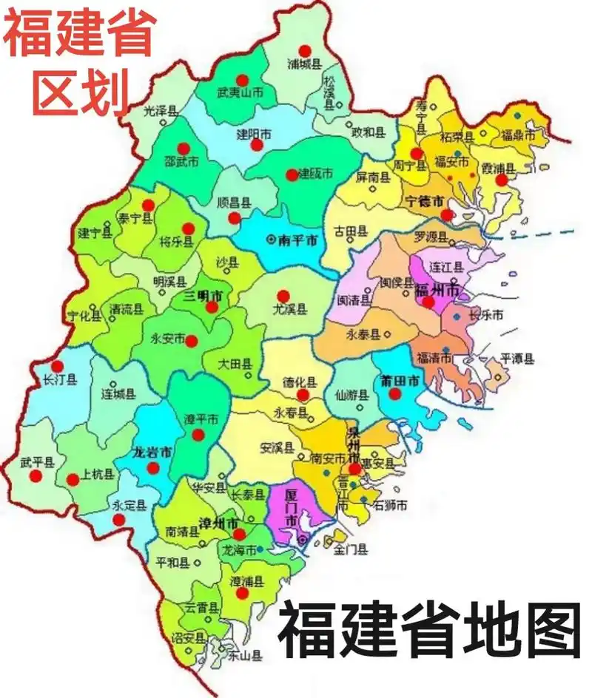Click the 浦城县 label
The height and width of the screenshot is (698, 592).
(304, 64)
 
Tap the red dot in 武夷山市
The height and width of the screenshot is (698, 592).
(242, 80)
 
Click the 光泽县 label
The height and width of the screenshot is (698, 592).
(161, 112)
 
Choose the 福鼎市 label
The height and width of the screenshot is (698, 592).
(518, 135)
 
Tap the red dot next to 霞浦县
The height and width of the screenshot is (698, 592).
(502, 180)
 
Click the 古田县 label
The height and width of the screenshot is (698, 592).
(351, 231)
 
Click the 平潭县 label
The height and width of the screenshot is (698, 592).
(517, 359)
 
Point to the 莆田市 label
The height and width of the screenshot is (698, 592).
(400, 381)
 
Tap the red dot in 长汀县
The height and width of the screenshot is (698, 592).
(58, 366)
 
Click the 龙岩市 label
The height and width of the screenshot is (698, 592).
(152, 453)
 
